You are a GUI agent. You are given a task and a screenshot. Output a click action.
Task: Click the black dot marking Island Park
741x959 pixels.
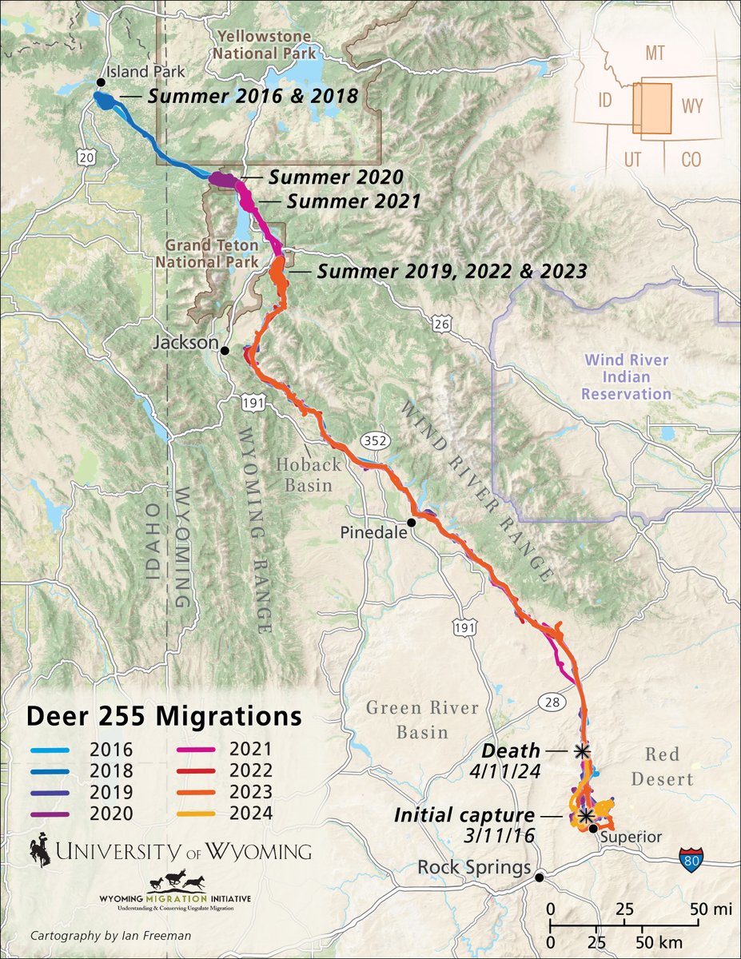[101, 82]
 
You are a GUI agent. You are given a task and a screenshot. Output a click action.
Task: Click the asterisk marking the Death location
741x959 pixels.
[583, 751]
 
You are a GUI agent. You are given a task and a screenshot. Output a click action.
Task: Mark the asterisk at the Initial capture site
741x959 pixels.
[586, 816]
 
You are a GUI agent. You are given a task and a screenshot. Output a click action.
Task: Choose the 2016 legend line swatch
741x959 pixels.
[53, 750]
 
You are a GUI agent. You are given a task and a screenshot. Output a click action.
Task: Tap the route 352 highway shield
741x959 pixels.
[372, 441]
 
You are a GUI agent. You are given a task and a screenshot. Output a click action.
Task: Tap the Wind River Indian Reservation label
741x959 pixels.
[626, 376]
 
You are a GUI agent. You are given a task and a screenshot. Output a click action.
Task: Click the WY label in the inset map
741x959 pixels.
[691, 106]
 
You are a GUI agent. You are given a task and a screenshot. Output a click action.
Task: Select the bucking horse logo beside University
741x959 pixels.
[42, 850]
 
